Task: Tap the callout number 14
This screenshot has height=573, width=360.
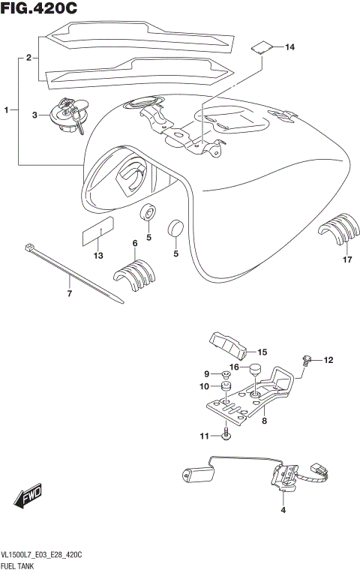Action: [289, 47]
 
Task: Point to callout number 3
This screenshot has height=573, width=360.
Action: [34, 115]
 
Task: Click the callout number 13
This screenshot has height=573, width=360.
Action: [97, 256]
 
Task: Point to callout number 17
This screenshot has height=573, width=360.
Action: [346, 261]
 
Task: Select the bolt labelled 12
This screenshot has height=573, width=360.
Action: [306, 361]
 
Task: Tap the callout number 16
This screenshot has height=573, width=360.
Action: [233, 367]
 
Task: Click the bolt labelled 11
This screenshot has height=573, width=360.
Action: [226, 433]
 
